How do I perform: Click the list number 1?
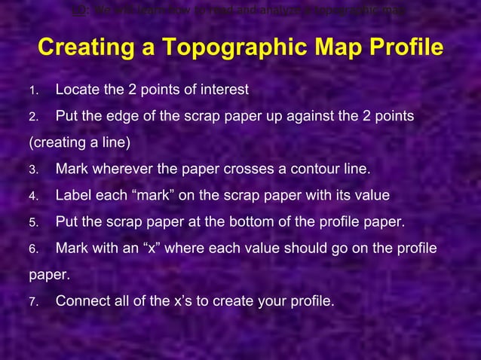[32, 91]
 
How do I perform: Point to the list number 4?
[32, 197]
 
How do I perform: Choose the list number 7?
[32, 302]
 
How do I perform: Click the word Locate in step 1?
[78, 90]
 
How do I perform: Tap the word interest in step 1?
[225, 90]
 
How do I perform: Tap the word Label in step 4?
[74, 196]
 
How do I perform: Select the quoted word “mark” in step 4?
[154, 196]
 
